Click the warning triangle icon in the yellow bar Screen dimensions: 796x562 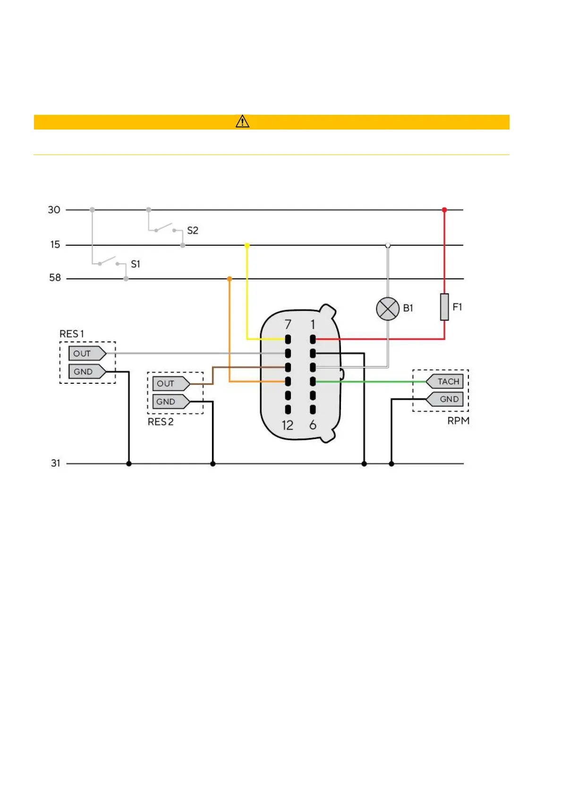pyautogui.click(x=242, y=121)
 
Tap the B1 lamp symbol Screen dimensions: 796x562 pyautogui.click(x=388, y=309)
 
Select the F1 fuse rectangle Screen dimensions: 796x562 pyautogui.click(x=444, y=307)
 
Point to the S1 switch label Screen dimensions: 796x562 pyautogui.click(x=136, y=264)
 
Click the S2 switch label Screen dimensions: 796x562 pyautogui.click(x=193, y=231)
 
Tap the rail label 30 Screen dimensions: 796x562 pyautogui.click(x=54, y=210)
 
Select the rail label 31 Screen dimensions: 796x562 pyautogui.click(x=56, y=463)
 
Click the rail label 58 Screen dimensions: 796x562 pyautogui.click(x=55, y=277)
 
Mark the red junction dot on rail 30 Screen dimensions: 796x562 pyautogui.click(x=444, y=210)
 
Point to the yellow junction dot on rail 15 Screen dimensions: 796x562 pyautogui.click(x=247, y=245)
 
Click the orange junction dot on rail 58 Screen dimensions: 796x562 pyautogui.click(x=230, y=279)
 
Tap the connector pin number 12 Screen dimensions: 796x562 pyautogui.click(x=288, y=425)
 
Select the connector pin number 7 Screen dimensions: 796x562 pyautogui.click(x=288, y=325)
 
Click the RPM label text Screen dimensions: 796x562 pyautogui.click(x=458, y=421)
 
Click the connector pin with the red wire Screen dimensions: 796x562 pyautogui.click(x=313, y=339)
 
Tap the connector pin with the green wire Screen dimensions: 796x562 pyautogui.click(x=313, y=381)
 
